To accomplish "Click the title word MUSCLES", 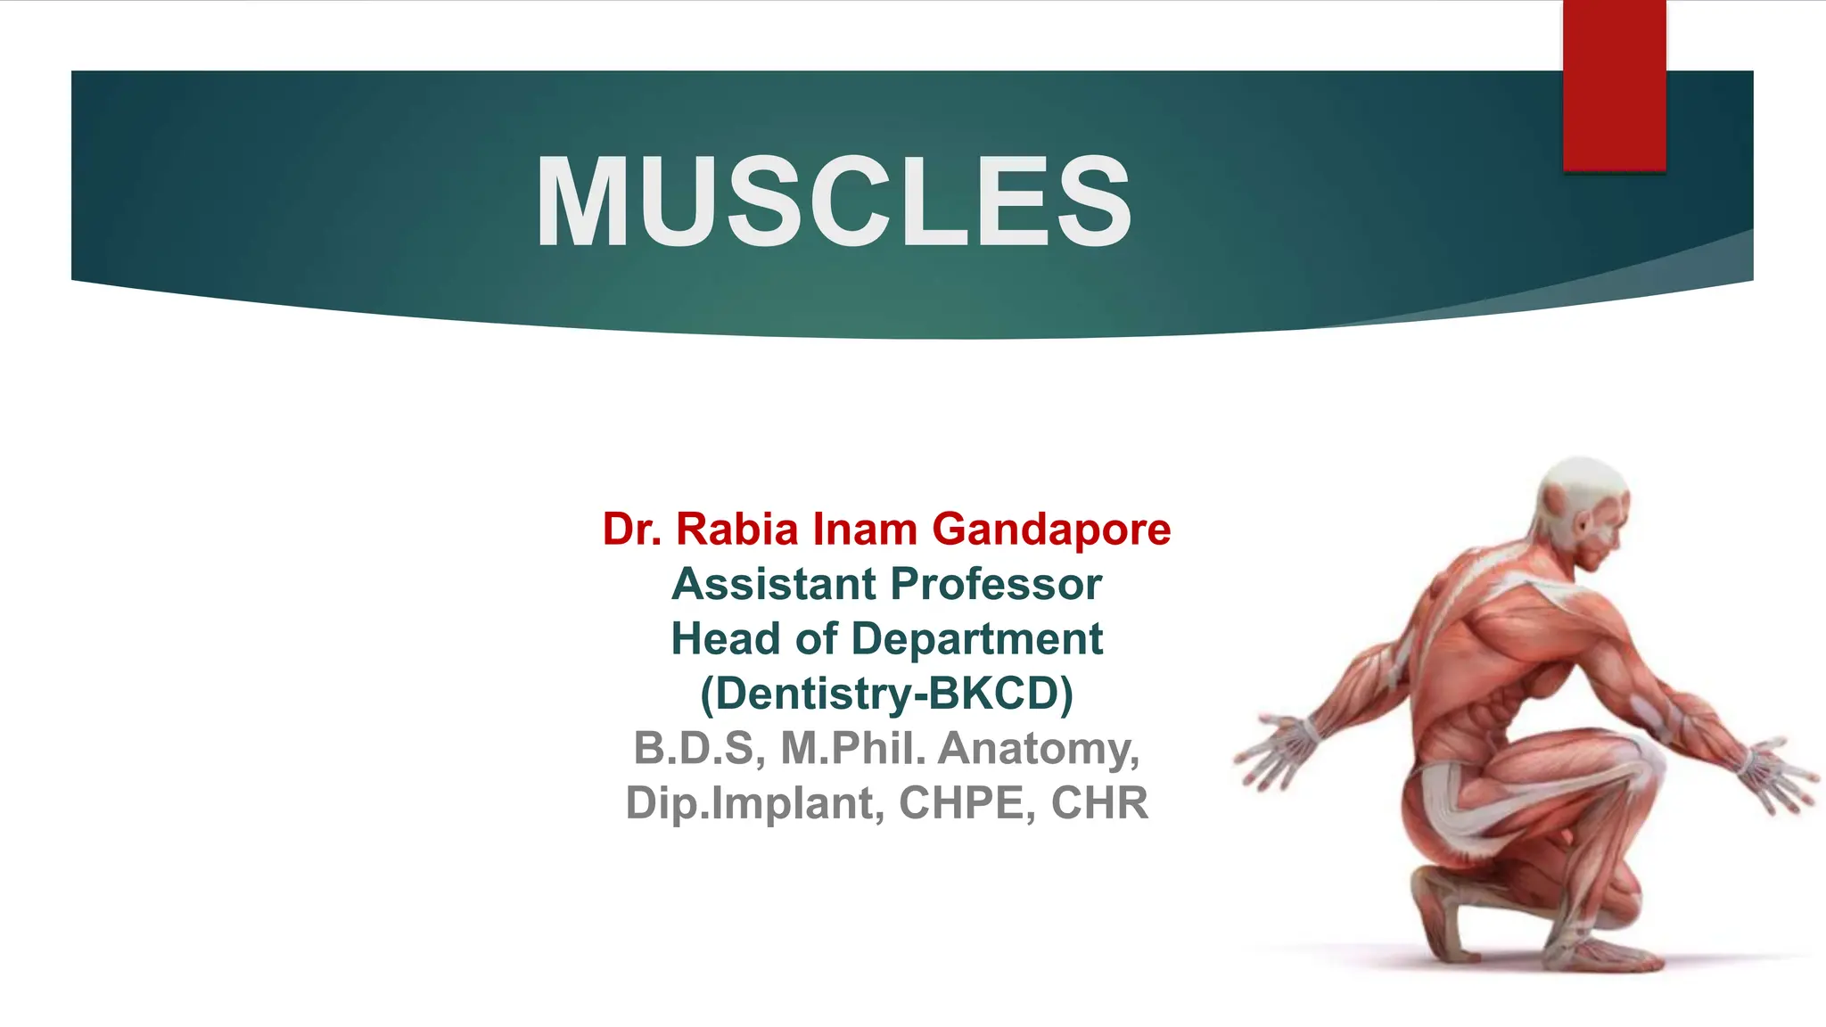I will pyautogui.click(x=834, y=203).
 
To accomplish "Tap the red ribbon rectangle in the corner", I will pyautogui.click(x=1614, y=85).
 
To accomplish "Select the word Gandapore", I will pyautogui.click(x=1051, y=529).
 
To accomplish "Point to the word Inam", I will pyautogui.click(x=865, y=529).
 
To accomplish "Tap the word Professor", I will pyautogui.click(x=996, y=584).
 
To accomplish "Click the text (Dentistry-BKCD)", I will pyautogui.click(x=886, y=694).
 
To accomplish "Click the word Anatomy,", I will pyautogui.click(x=1039, y=748).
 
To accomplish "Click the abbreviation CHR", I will pyautogui.click(x=1099, y=803).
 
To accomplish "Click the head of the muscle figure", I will pyautogui.click(x=1583, y=508).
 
